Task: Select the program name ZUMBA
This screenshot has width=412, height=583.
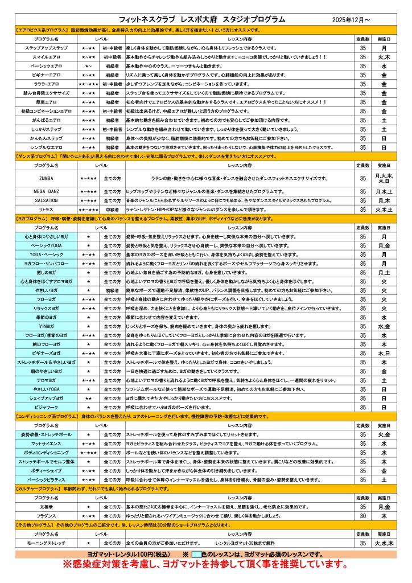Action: [x=47, y=178]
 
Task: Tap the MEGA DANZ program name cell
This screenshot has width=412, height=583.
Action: [x=47, y=192]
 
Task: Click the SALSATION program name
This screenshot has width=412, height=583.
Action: [x=47, y=201]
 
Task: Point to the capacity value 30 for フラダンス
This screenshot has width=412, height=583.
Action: [x=362, y=515]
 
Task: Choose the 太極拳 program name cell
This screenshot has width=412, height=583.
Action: [x=47, y=507]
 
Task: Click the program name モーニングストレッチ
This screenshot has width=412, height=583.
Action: [x=47, y=544]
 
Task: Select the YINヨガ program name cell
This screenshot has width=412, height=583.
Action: [x=47, y=326]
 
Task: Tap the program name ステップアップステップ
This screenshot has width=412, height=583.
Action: [x=47, y=48]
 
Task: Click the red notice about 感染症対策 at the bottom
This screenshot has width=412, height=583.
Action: [x=205, y=565]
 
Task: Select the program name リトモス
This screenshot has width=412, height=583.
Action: [x=47, y=210]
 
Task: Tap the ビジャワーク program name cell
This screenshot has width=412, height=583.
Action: [x=47, y=408]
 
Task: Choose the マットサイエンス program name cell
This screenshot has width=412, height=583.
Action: [x=47, y=444]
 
